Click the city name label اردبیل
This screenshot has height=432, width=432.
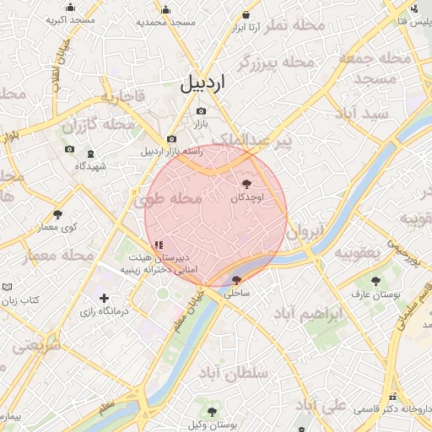tap(203, 82)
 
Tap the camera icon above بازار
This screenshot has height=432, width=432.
tap(200, 111)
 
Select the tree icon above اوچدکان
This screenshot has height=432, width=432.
tap(246, 183)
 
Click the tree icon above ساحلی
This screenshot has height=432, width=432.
tap(236, 280)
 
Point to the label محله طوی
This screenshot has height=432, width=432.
tap(168, 200)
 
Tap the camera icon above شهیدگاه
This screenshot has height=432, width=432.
tap(92, 152)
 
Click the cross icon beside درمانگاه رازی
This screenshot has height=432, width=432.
tap(104, 298)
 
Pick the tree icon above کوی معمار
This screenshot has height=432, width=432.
tap(57, 214)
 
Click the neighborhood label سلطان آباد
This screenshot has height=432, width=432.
tap(234, 372)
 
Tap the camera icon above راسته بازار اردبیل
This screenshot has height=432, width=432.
tap(172, 139)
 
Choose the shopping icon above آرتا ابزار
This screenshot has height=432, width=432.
tap(246, 14)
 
